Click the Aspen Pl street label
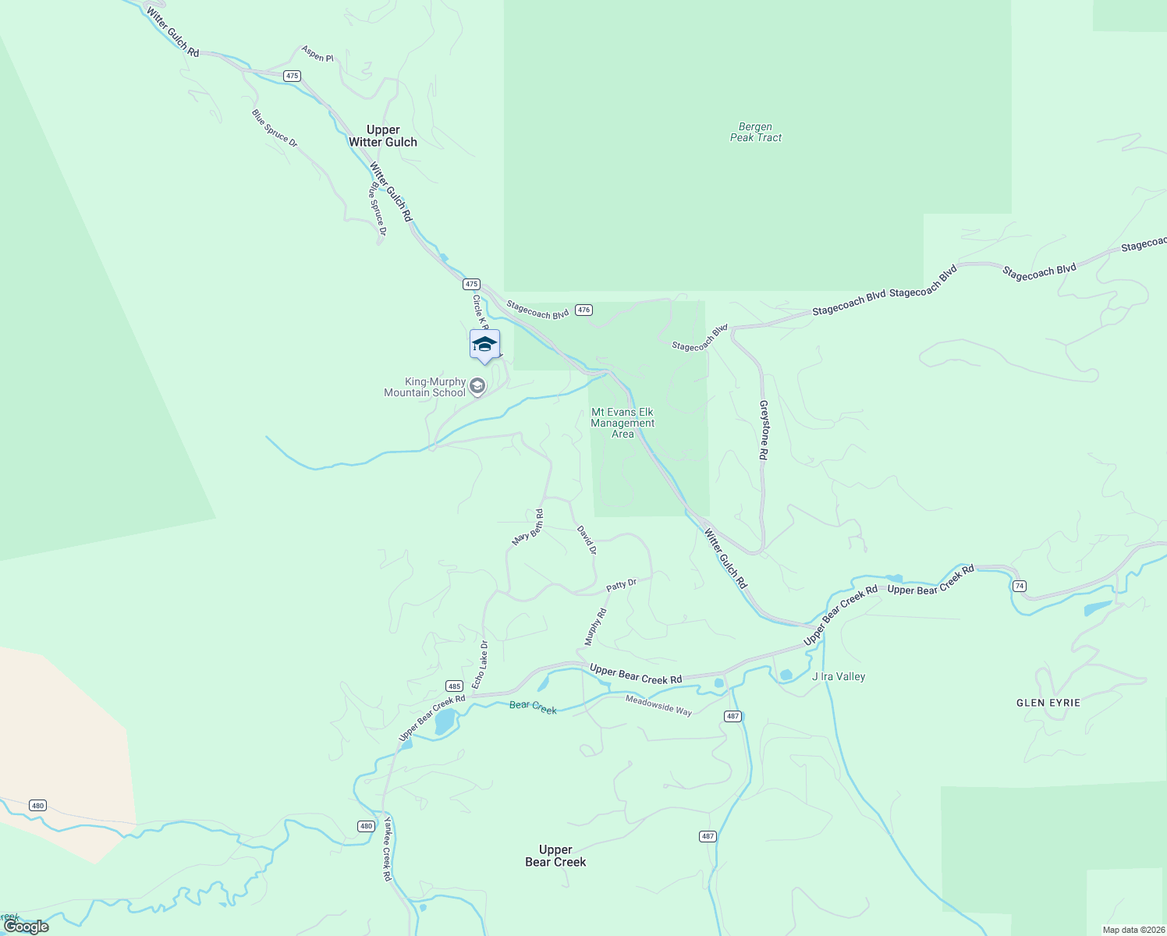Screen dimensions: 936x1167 pyautogui.click(x=317, y=54)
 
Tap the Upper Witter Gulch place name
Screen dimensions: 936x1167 pyautogui.click(x=383, y=136)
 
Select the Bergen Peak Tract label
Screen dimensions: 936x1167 pyautogui.click(x=756, y=132)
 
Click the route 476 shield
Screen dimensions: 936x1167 pyautogui.click(x=583, y=310)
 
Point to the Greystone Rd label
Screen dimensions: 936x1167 pyautogui.click(x=764, y=430)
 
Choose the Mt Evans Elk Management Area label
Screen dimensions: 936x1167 pyautogui.click(x=623, y=423)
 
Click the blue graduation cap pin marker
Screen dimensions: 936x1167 pyautogui.click(x=484, y=345)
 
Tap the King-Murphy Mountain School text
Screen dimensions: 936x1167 pyautogui.click(x=425, y=388)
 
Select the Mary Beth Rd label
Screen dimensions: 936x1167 pyautogui.click(x=528, y=527)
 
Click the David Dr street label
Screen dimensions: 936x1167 pyautogui.click(x=587, y=540)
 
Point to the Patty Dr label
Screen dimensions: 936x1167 pyautogui.click(x=622, y=584)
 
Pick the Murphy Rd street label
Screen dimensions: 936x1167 pyautogui.click(x=595, y=627)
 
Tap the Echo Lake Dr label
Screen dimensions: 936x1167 pyautogui.click(x=480, y=665)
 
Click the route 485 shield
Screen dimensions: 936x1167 pyautogui.click(x=455, y=686)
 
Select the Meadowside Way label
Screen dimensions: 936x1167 pyautogui.click(x=658, y=705)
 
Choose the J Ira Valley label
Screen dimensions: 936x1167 pyautogui.click(x=839, y=676)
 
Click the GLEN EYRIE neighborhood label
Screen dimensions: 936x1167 pyautogui.click(x=1048, y=703)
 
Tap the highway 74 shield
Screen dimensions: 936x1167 pyautogui.click(x=1019, y=585)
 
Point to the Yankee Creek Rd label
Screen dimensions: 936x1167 pyautogui.click(x=386, y=849)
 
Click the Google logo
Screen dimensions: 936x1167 pyautogui.click(x=27, y=927)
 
